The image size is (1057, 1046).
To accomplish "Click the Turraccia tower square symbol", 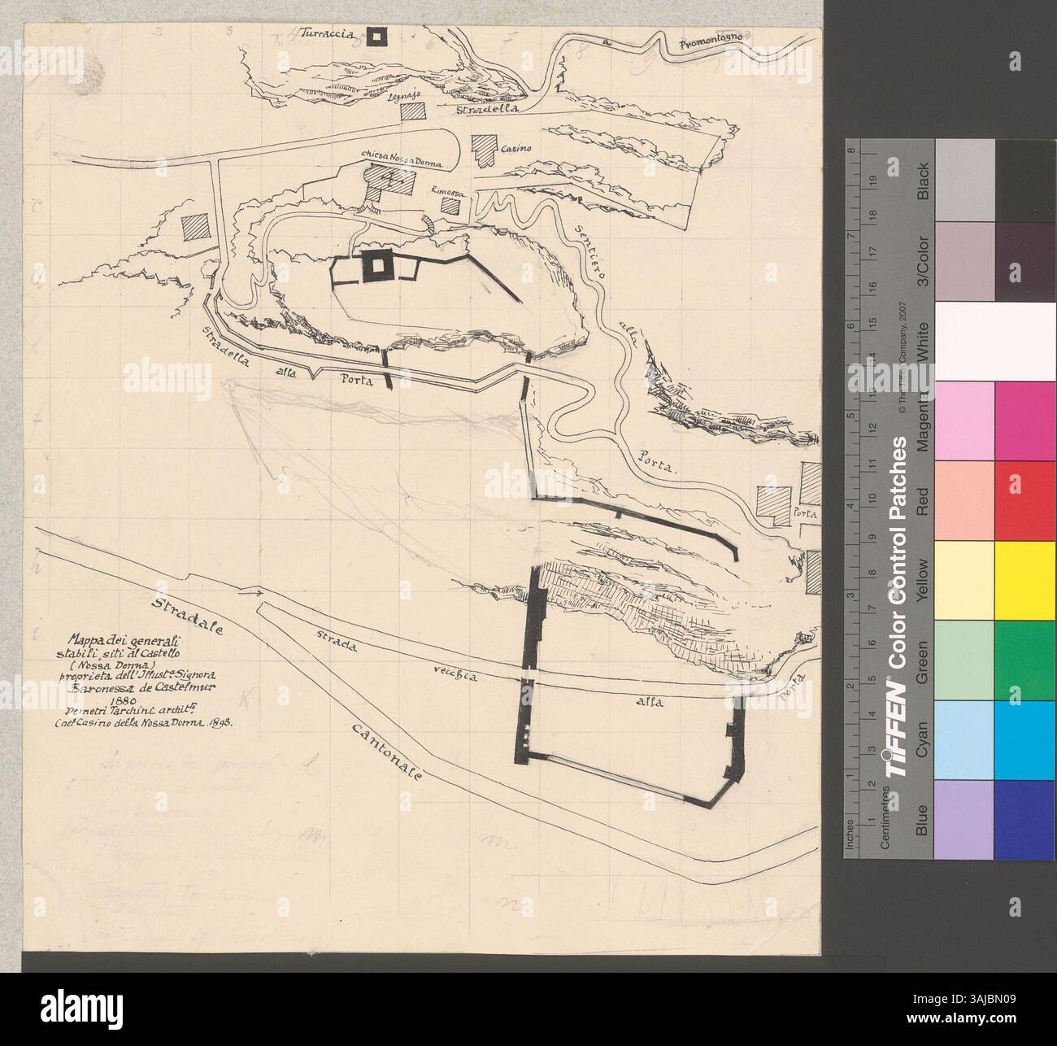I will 376,36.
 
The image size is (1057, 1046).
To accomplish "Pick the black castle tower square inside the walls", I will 376,264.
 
